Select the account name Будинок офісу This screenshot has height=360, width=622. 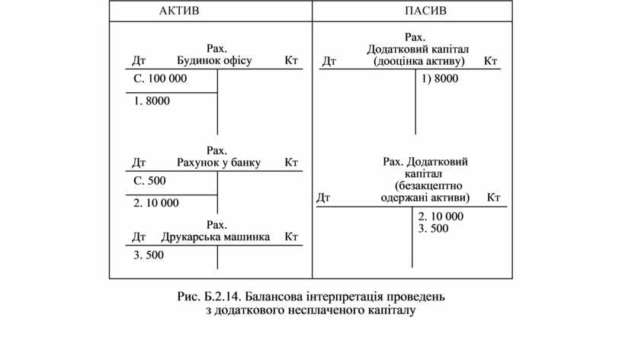[x=214, y=60]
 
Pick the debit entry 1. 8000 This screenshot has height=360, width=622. [x=152, y=101]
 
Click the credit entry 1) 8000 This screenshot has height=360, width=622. [x=439, y=79]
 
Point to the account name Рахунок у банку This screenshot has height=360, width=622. [x=219, y=162]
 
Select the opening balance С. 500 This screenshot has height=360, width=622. [x=149, y=181]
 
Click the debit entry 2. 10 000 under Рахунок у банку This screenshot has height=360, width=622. [x=156, y=203]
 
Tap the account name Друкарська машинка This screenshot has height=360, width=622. [x=216, y=236]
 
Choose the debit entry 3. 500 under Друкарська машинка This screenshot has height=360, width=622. [x=149, y=255]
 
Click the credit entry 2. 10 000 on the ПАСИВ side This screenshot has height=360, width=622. [x=441, y=216]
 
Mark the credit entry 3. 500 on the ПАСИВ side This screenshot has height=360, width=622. [x=434, y=228]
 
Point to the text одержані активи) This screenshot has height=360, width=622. [x=425, y=198]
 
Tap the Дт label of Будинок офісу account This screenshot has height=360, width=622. [x=139, y=60]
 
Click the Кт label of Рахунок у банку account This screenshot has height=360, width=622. [x=291, y=162]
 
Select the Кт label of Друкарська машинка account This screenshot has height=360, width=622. [x=291, y=236]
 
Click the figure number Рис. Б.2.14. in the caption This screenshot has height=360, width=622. [x=215, y=294]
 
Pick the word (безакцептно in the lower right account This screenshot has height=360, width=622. [x=428, y=185]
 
